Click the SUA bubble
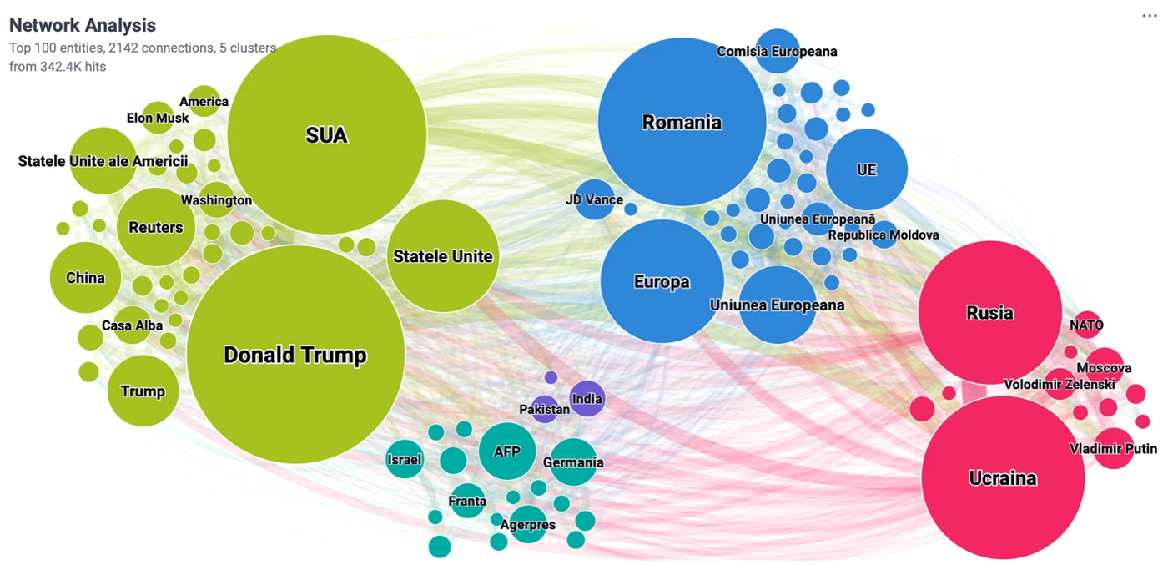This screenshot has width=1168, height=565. tap(327, 134)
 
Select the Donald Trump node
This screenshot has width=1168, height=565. tap(295, 354)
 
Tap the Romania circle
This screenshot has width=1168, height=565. tap(682, 122)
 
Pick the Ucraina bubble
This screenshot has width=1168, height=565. tap(1003, 478)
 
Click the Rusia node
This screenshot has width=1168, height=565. tap(990, 312)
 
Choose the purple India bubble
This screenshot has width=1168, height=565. tap(587, 399)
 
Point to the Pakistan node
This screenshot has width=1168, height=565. tap(545, 409)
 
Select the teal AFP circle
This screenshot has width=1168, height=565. tap(507, 451)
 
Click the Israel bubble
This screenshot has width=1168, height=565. tap(405, 459)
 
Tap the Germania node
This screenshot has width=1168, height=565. tap(574, 462)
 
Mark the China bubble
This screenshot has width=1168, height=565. tap(85, 278)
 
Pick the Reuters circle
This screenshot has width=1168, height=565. tap(156, 227)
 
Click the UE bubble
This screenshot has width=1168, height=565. tap(867, 169)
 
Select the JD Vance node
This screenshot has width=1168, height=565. tap(594, 199)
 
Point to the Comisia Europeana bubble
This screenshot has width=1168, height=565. tap(778, 51)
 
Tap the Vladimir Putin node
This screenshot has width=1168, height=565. tap(1114, 448)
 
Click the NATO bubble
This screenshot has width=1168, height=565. tap(1086, 325)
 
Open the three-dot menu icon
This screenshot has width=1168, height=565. tap(1150, 16)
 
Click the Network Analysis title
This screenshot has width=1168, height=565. tap(83, 25)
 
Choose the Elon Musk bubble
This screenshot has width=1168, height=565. tap(158, 118)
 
